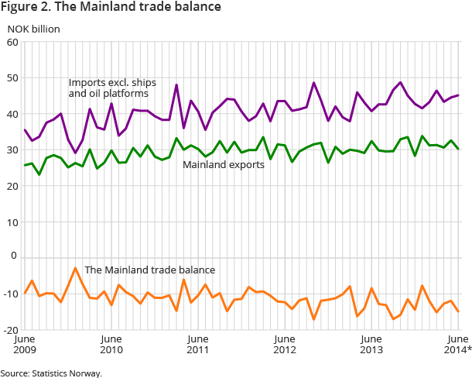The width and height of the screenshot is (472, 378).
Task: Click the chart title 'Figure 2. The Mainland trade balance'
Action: (111, 8)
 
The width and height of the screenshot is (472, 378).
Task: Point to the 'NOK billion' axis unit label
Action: (33, 29)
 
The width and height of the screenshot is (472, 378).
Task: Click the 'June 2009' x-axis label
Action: (26, 344)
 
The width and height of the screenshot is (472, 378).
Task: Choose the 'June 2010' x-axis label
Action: (112, 344)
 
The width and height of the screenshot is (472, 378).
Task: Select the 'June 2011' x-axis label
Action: (199, 344)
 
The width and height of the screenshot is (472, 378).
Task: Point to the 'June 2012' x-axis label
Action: (286, 344)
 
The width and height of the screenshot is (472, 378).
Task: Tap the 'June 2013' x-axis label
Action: (372, 344)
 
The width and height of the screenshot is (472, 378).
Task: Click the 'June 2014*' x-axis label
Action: (457, 344)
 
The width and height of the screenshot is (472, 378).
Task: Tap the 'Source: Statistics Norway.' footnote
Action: (51, 373)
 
